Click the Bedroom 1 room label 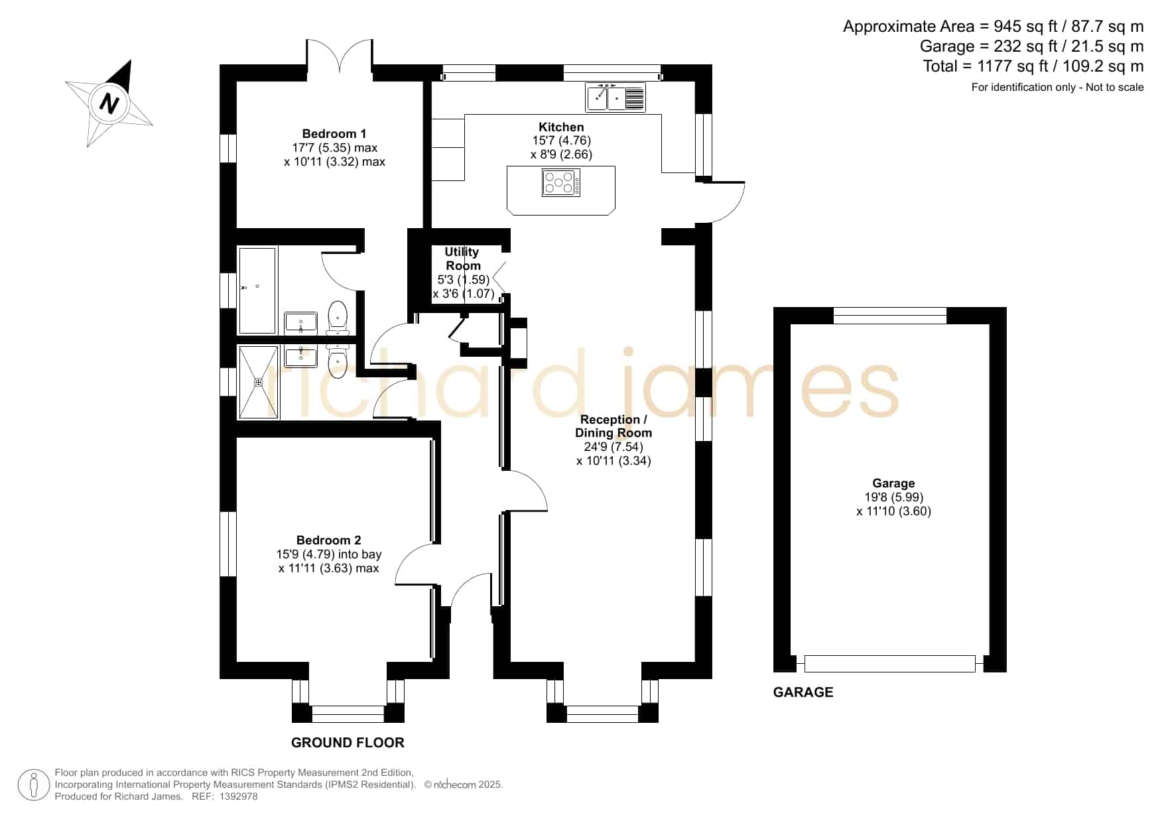[334, 133]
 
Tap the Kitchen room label [561, 127]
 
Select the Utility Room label [462, 259]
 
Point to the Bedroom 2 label [329, 540]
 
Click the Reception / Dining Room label [614, 426]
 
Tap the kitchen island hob [561, 182]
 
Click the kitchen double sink [615, 97]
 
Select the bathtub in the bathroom [257, 290]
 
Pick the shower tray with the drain [258, 382]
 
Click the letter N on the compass [109, 103]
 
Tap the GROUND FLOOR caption [348, 743]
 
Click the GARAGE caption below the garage [803, 692]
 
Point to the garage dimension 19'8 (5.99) [893, 497]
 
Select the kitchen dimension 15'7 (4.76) [561, 141]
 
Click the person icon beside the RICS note [33, 785]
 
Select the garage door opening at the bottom [890, 663]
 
